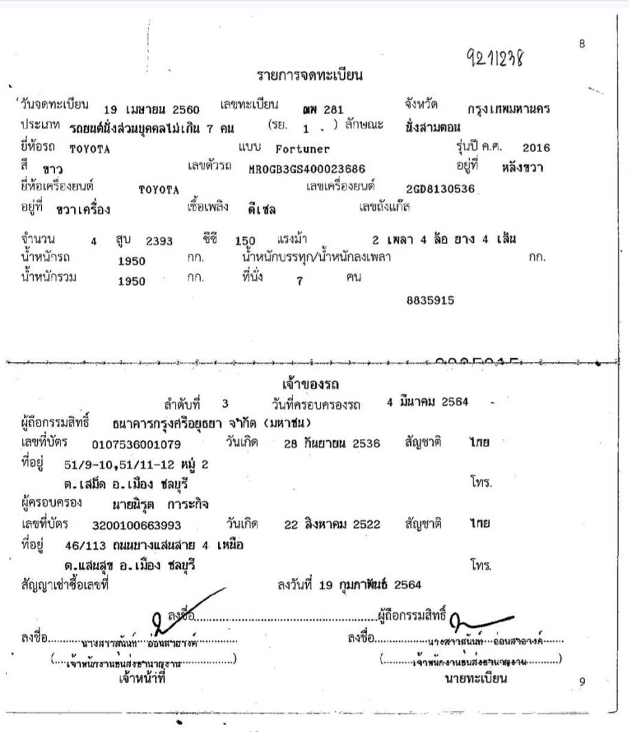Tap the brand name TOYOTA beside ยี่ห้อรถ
click(90, 147)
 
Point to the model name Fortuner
click(302, 148)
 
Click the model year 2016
click(537, 147)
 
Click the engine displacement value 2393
click(160, 241)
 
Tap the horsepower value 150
click(245, 241)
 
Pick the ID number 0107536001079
click(136, 444)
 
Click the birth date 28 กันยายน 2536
click(332, 444)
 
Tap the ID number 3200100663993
click(136, 525)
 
